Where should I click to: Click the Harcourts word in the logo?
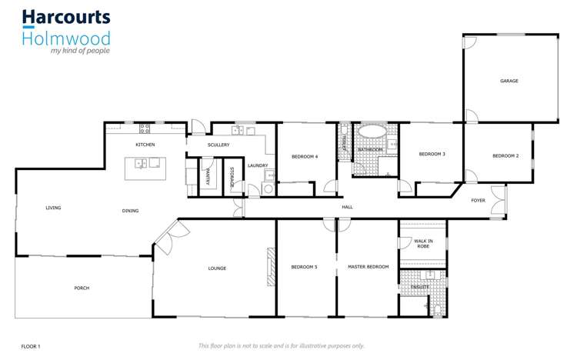[65, 18]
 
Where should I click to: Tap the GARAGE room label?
[509, 81]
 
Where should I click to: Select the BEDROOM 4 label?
[305, 157]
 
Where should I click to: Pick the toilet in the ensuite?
[437, 309]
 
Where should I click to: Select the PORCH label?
[82, 288]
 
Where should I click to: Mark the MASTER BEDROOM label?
[368, 267]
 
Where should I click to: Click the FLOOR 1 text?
[31, 346]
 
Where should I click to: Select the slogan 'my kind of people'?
[80, 51]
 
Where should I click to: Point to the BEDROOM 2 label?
[505, 156]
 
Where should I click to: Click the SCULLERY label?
[218, 145]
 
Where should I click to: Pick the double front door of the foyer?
[505, 201]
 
